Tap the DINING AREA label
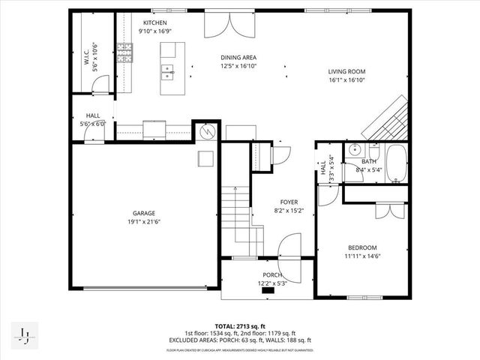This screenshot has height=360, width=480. coord(239,57)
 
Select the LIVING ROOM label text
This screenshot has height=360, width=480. coord(346,72)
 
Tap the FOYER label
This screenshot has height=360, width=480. coord(289,201)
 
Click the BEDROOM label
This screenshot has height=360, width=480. coord(362,247)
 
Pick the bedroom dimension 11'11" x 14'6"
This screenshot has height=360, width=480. coord(362,256)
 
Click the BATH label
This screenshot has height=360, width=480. coord(368,161)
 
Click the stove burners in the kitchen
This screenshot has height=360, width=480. coord(126,52)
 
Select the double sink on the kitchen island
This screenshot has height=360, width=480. coord(167,71)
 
